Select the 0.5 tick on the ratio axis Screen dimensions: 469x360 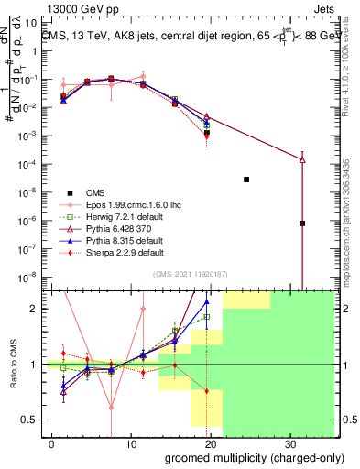[x=29, y=420]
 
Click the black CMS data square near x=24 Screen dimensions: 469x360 [x=246, y=180]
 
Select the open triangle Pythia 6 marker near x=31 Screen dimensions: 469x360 [x=302, y=160]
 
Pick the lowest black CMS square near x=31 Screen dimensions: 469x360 [x=302, y=224]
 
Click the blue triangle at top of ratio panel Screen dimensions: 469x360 [x=207, y=300]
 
